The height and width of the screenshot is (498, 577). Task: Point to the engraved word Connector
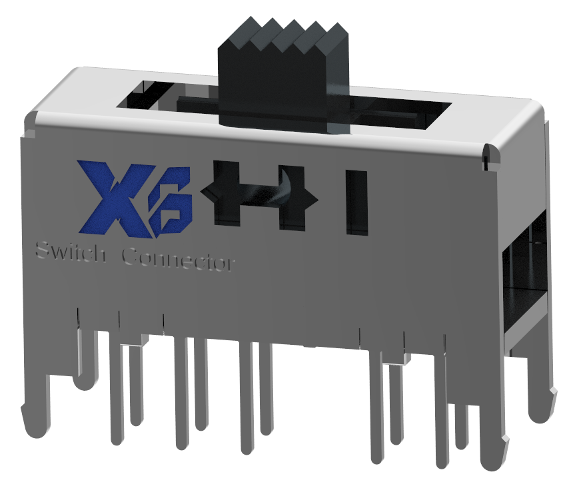coord(179,260)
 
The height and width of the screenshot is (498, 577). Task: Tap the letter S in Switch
coord(39,252)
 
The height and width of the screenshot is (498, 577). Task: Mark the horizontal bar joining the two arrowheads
coord(257,196)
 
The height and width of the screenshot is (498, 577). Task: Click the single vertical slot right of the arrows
coord(356,202)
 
